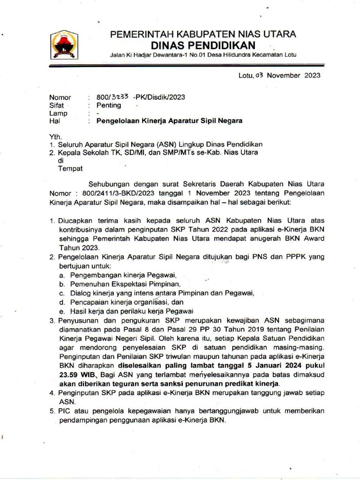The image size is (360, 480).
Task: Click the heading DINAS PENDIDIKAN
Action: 203,45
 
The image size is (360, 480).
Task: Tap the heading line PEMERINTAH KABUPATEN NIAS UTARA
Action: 202,34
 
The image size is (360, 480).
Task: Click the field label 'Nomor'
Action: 60,97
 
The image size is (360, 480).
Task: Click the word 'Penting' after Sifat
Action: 109,105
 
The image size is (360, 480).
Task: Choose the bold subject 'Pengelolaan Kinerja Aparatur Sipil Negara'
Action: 169,121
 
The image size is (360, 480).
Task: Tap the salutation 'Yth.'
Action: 55,136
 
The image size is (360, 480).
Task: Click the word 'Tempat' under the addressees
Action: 70,168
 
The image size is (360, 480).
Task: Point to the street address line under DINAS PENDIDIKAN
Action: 202,55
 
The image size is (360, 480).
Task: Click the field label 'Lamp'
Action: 59,113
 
